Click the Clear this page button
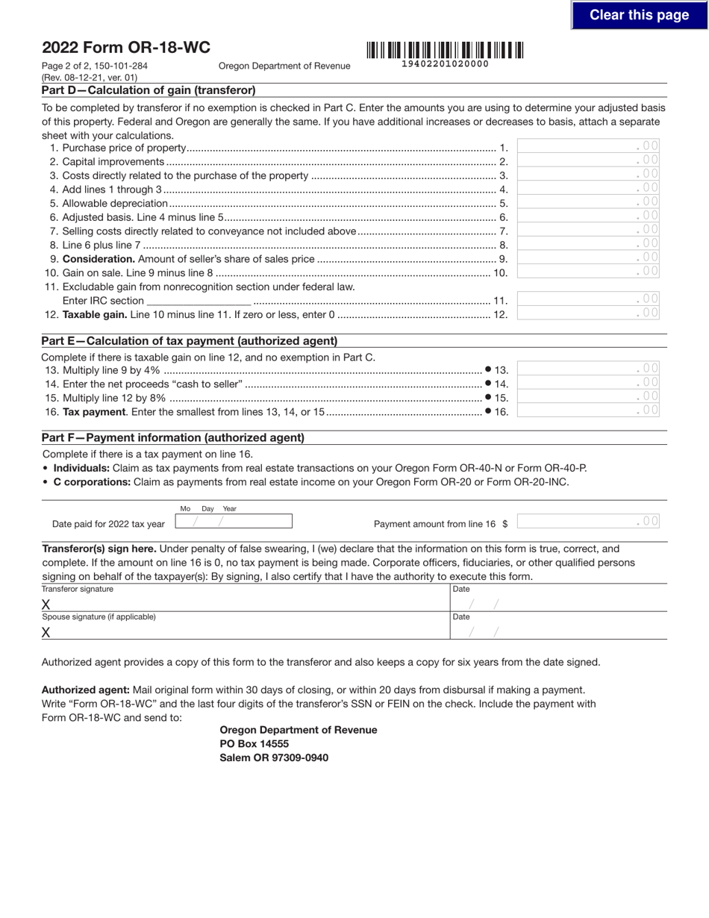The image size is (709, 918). coord(639,15)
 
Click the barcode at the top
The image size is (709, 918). coord(445,51)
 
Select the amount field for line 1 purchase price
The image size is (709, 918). coord(588,146)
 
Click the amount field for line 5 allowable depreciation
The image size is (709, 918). coord(588,202)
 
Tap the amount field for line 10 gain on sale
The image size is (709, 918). coord(588,272)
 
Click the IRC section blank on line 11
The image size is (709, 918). coord(199,300)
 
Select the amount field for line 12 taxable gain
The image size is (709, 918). coord(588,313)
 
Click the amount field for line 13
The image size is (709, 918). coord(588,369)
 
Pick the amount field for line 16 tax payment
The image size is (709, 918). coord(588,410)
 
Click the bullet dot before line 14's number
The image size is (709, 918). coord(488,383)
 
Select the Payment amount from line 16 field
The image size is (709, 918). coord(588,522)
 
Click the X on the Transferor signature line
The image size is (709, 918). coord(46,605)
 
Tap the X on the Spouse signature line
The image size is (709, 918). coord(46,633)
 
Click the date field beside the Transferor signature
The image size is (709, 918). coord(558,604)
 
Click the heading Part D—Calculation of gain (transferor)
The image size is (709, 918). coord(149,90)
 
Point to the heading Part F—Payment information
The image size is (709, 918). coord(173,438)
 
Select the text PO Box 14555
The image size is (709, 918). coord(254,744)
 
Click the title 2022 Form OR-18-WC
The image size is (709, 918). coord(126,48)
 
